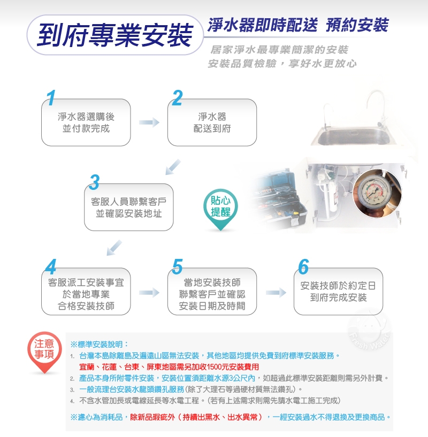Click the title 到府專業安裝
coord(115,35)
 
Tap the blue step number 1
coord(51,98)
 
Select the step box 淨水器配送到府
coord(212,122)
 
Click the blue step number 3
coord(95,182)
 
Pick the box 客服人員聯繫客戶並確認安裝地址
coord(128,207)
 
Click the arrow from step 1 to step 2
coord(149,122)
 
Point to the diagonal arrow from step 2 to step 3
coord(173,167)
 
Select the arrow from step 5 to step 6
coord(276,293)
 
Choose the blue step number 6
coord(303,267)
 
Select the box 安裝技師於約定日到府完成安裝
coord(338,292)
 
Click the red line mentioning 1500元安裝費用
coord(169,367)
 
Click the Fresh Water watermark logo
coord(369,332)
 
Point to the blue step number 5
coord(177,267)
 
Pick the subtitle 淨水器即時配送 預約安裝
coord(298,25)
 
